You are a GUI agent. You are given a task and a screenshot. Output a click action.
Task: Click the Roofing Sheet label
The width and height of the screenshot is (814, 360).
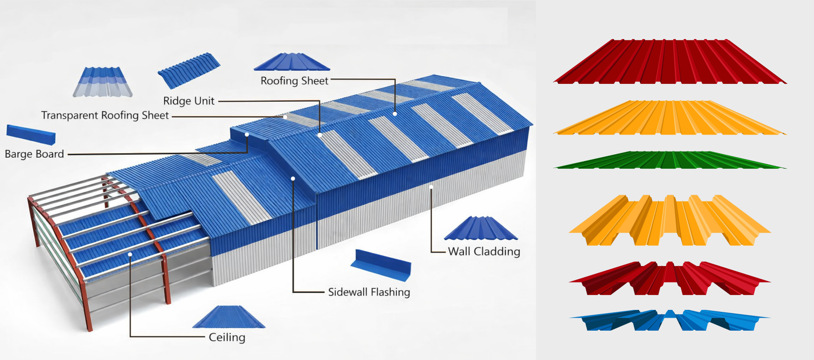tap(294, 81)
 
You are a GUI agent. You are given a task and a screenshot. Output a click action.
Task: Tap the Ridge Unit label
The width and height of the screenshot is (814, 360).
tap(188, 101)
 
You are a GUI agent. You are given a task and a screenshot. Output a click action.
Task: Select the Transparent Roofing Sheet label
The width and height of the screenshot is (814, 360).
tap(105, 116)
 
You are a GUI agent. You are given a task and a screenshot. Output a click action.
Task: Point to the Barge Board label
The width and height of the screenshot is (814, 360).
tap(34, 154)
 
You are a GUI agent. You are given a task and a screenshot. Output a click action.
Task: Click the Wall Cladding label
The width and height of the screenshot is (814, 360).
tap(484, 252)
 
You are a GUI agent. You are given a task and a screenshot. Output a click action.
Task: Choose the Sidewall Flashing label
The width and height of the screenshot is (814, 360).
tap(369, 292)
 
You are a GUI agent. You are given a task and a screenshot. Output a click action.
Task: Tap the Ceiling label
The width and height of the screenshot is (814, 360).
tap(227, 337)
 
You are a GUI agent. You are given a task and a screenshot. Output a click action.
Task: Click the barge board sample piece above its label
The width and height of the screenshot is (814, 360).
tap(31, 134)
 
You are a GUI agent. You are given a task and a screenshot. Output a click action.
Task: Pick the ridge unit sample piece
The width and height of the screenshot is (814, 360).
tap(189, 70)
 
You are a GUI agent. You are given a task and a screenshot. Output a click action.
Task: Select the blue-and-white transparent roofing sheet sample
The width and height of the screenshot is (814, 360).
tap(103, 82)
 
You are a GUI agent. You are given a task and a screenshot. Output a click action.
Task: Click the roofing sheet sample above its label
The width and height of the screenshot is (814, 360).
tap(292, 62)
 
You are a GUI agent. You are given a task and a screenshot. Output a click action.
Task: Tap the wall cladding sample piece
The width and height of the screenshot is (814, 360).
tap(481, 228)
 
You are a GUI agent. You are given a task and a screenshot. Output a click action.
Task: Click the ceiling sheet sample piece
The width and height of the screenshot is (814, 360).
tap(229, 318)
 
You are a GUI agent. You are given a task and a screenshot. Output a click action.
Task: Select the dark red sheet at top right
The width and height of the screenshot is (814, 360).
tap(670, 63)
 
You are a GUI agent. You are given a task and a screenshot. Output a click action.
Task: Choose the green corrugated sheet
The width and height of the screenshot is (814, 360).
tap(670, 160)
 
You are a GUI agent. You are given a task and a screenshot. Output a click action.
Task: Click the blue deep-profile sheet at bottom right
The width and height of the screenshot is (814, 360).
tap(670, 320)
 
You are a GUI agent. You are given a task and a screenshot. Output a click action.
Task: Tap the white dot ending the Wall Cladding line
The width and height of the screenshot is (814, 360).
tap(431, 187)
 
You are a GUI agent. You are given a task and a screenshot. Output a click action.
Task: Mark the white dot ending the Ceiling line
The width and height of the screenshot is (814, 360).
tap(130, 254)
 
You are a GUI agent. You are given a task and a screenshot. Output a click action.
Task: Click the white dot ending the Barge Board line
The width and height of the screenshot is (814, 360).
tap(247, 134)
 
